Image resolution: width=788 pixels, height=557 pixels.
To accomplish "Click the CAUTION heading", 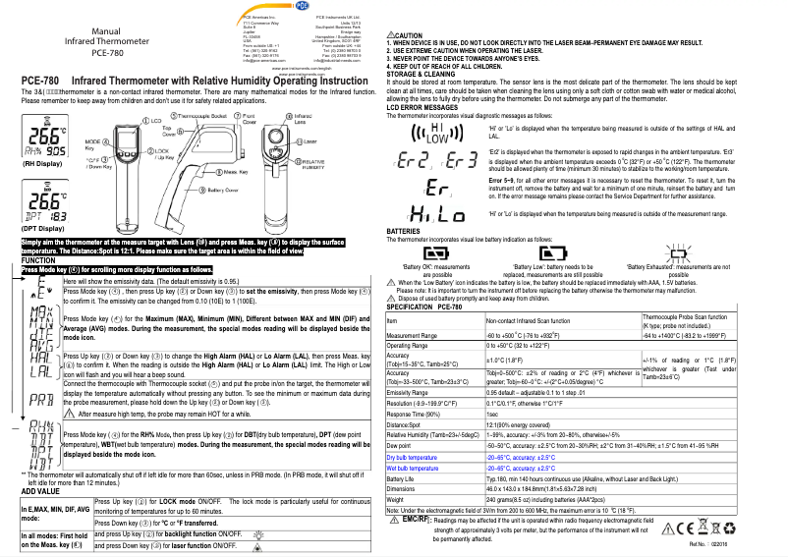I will (406, 35).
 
